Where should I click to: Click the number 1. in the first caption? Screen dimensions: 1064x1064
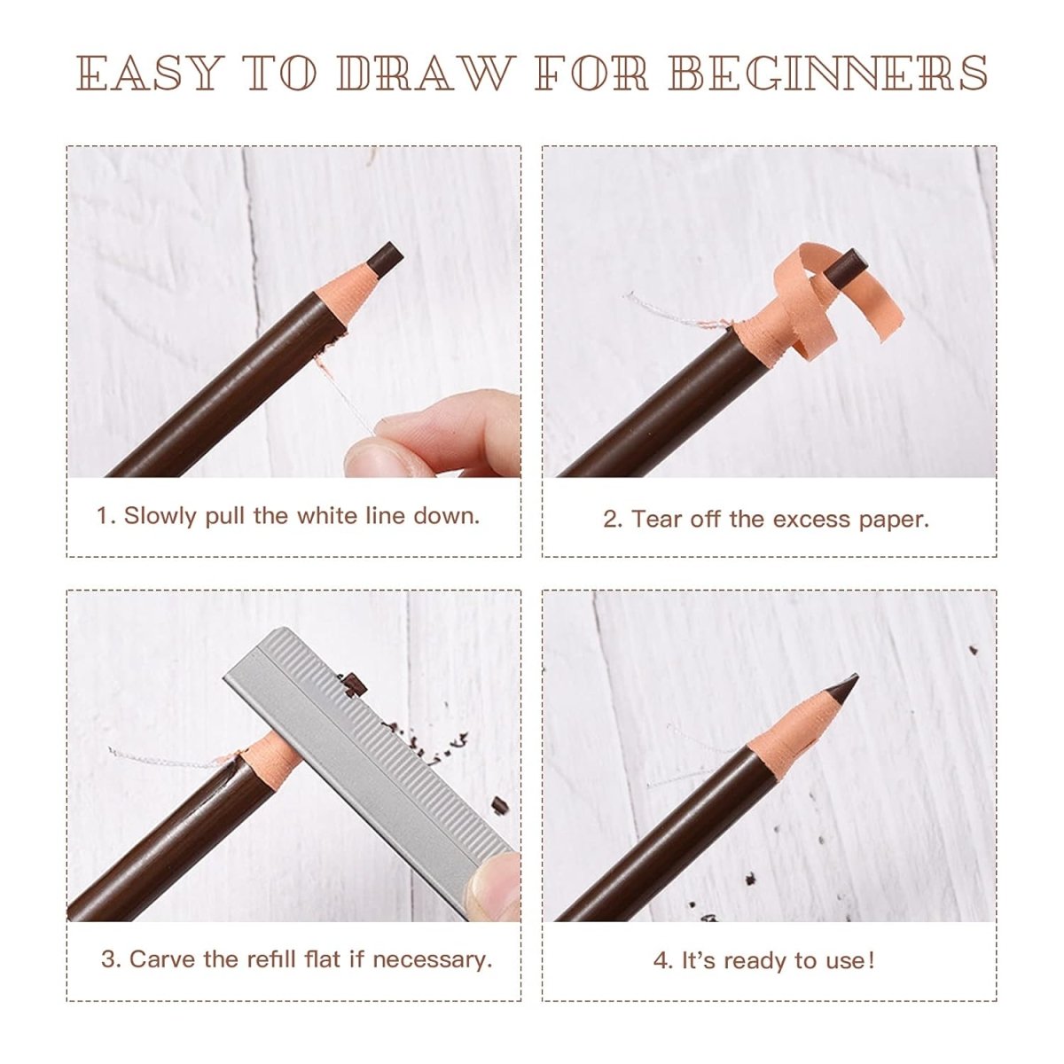pos(106,516)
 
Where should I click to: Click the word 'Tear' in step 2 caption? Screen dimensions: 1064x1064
pos(656,520)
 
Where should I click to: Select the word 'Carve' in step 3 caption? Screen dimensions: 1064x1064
pos(162,959)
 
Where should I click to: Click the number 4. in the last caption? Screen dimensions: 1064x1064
pos(663,960)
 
